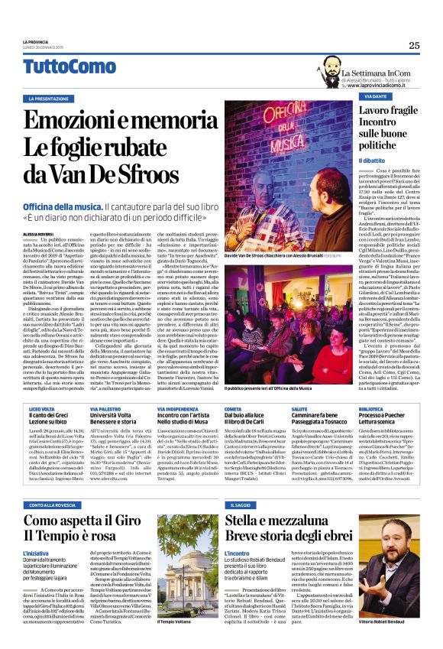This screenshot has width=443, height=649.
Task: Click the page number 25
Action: coord(414,45)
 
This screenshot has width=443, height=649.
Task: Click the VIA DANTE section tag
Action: coord(375,97)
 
